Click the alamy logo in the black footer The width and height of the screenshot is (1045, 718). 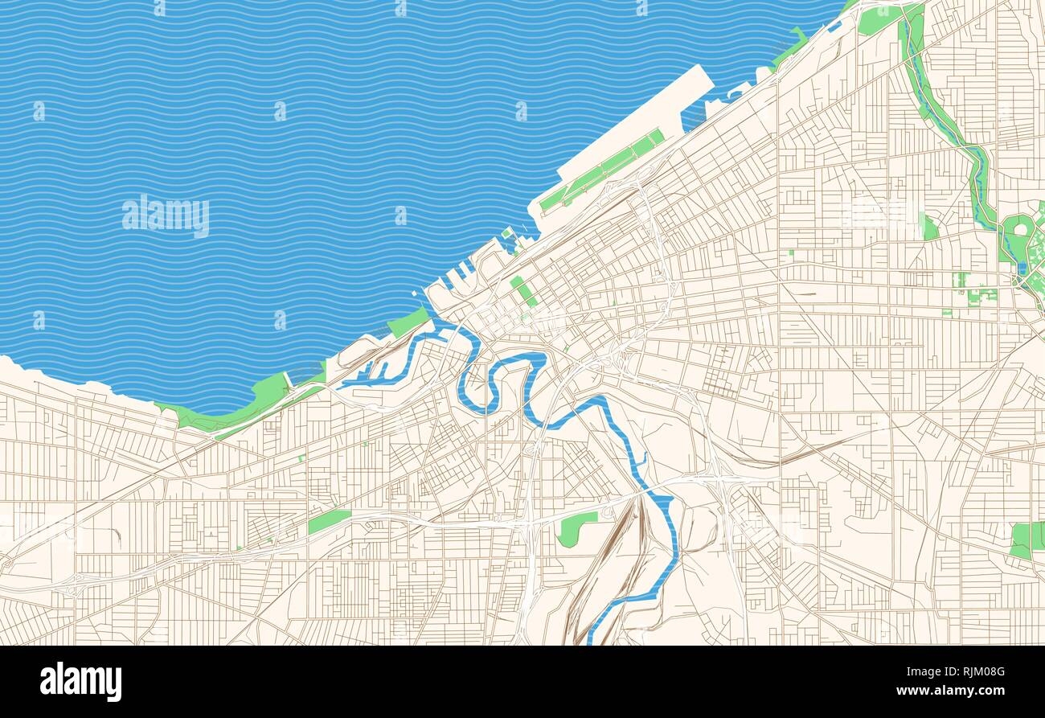(x=80, y=681)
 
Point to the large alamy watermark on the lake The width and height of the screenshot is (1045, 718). (x=166, y=215)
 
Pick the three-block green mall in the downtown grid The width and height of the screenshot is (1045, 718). (x=524, y=291)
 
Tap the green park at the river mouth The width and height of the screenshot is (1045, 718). (x=408, y=322)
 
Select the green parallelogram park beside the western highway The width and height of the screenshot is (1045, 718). (x=329, y=521)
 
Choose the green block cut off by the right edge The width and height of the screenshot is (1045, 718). (x=1027, y=540)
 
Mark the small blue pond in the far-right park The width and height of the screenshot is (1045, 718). (x=1021, y=268)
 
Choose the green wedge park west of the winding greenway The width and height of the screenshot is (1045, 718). (x=930, y=229)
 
